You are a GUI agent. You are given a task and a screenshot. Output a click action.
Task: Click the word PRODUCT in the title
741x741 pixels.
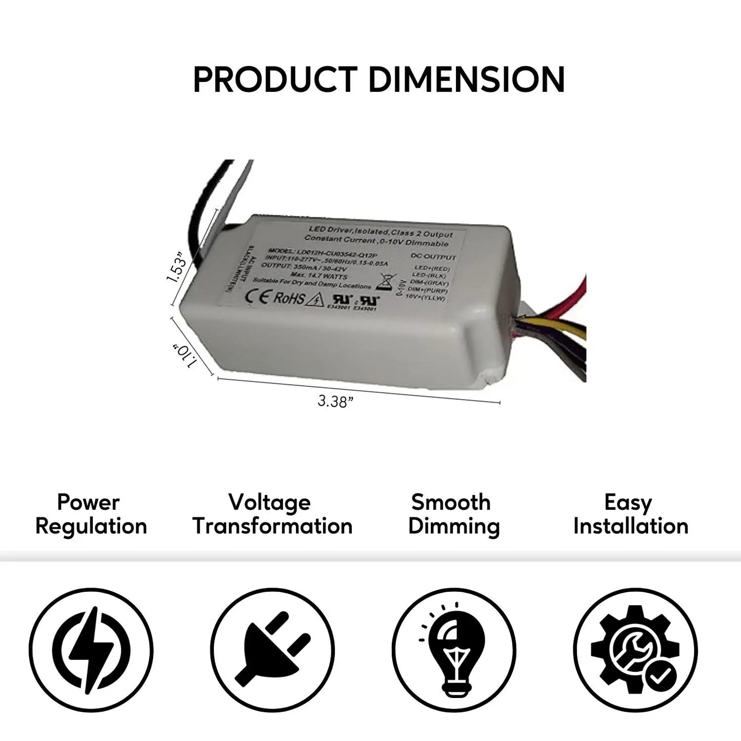[x=274, y=79]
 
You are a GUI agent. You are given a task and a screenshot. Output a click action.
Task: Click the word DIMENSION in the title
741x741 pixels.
[x=466, y=79]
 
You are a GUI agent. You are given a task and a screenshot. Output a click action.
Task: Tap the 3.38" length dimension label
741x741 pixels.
[x=336, y=402]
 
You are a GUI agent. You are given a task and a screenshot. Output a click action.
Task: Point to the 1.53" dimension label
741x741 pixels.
[x=176, y=266]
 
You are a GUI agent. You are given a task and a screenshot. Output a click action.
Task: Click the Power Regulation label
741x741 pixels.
[x=91, y=514]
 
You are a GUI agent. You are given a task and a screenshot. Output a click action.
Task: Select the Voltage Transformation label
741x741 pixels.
[x=272, y=514]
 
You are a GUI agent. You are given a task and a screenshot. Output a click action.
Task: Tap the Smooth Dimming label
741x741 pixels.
[x=453, y=514]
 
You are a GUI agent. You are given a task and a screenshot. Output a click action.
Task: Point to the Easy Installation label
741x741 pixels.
[x=630, y=514]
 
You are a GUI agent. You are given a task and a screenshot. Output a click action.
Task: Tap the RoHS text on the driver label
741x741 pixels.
[x=289, y=298]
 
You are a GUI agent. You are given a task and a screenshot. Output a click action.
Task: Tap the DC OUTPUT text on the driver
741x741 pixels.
[x=433, y=257]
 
